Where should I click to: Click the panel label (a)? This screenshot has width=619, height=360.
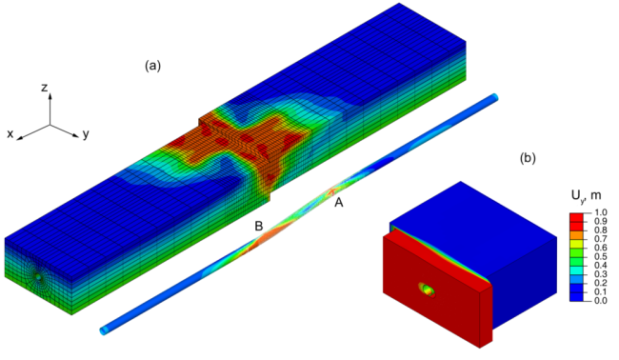(152, 66)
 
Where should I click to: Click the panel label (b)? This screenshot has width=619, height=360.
(528, 158)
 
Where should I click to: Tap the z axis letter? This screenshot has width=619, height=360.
(45, 88)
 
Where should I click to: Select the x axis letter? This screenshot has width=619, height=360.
(10, 134)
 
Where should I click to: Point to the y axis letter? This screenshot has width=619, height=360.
(86, 134)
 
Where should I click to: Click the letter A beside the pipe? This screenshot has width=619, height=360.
(339, 203)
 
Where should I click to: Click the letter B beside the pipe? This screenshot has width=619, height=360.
(259, 226)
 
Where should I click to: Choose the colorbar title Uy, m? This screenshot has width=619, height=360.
(586, 195)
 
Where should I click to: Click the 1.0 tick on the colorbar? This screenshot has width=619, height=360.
(601, 212)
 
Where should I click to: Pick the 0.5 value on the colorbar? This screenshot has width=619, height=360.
(601, 256)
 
